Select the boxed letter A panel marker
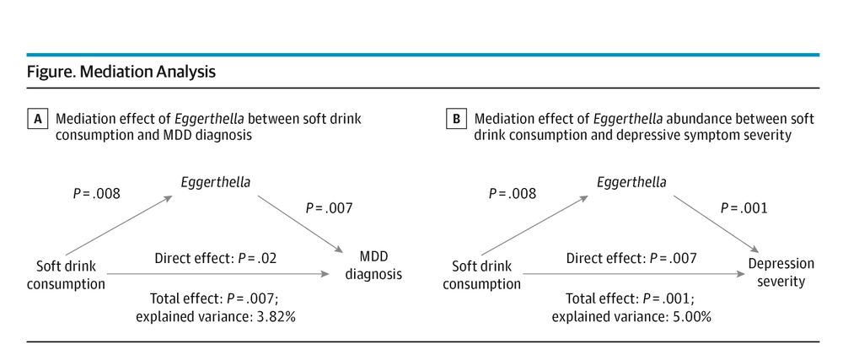(37, 120)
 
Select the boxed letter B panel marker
(455, 120)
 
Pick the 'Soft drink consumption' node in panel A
(66, 274)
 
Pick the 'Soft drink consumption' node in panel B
(481, 274)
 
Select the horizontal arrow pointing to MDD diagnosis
(219, 275)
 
